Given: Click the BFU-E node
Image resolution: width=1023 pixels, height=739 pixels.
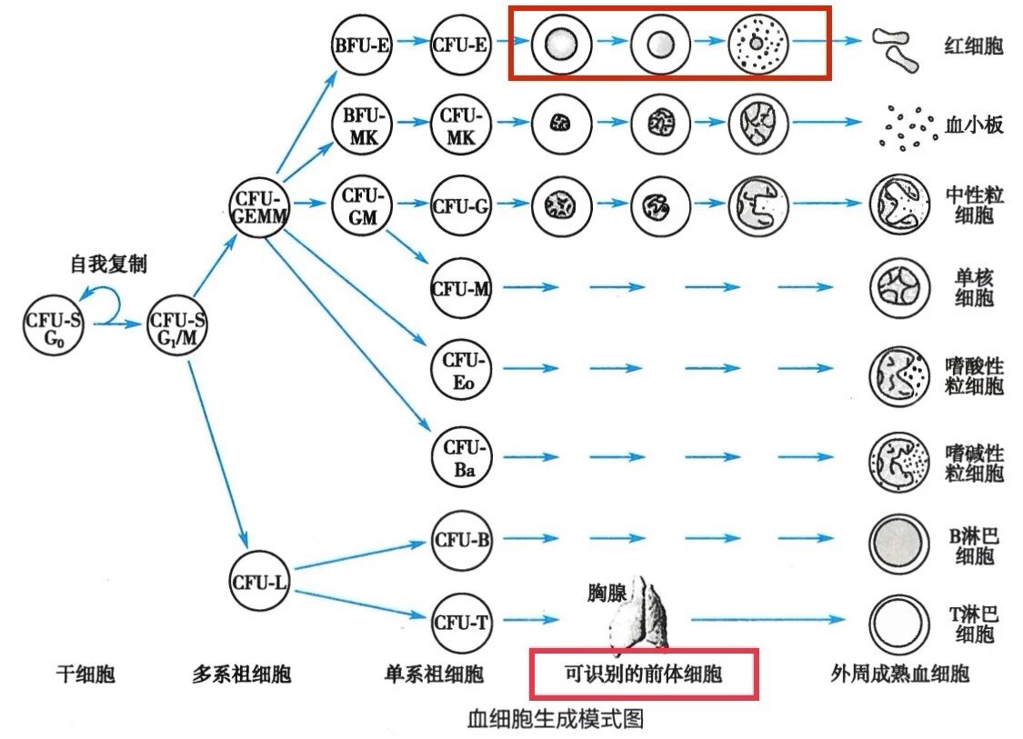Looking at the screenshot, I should [x=362, y=42].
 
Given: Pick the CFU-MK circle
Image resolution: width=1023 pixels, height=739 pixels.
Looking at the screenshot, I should [x=462, y=125].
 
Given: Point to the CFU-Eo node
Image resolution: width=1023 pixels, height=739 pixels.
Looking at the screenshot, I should [x=460, y=368].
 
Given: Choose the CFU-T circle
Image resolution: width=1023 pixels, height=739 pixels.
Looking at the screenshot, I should [x=461, y=622].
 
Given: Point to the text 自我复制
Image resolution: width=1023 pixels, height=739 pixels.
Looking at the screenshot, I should [x=108, y=264].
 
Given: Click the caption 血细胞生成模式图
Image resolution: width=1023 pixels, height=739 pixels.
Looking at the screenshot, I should [x=554, y=719].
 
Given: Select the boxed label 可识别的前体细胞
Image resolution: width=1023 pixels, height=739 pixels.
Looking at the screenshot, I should [x=643, y=674].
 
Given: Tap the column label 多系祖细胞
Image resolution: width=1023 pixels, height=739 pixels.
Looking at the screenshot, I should [x=242, y=674].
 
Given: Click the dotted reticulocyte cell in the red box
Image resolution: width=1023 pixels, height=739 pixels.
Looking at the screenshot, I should [x=758, y=42].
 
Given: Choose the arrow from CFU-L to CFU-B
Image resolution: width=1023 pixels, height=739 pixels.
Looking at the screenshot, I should [x=364, y=556].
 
